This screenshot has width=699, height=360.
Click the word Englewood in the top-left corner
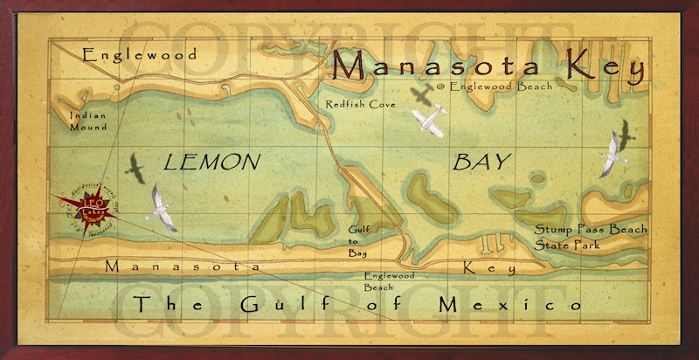click(140, 55)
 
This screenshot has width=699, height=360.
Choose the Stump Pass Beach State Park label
click(592, 237)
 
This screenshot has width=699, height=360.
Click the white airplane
click(429, 121)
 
